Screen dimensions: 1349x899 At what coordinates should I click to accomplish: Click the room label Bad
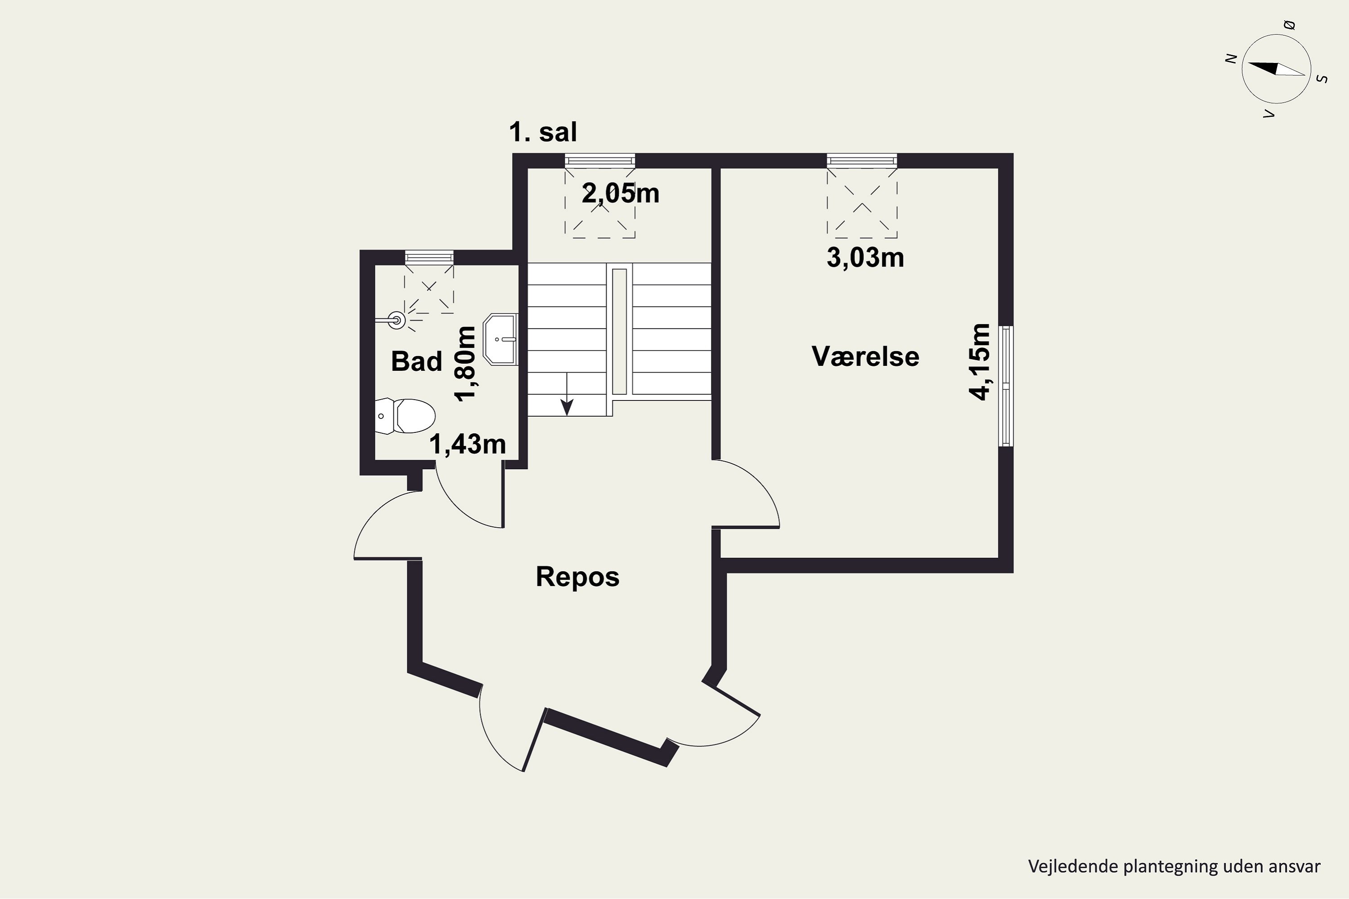tap(416, 361)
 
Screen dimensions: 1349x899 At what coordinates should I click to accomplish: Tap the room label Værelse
tap(866, 356)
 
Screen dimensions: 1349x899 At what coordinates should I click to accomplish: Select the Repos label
tap(577, 577)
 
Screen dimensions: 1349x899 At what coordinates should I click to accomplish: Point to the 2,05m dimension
tap(621, 194)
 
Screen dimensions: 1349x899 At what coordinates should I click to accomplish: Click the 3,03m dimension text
tap(866, 258)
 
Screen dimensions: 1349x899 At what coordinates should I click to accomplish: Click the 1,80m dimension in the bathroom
tap(465, 364)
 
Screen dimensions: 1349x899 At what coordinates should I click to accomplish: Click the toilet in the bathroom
tap(405, 416)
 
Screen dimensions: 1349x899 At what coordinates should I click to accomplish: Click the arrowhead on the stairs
tap(567, 408)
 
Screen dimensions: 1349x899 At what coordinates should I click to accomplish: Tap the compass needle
tap(1276, 69)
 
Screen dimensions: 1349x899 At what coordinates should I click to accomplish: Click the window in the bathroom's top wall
tap(429, 258)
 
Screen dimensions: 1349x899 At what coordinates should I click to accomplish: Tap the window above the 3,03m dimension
tap(862, 160)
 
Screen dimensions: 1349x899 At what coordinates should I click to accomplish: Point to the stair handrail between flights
tap(620, 331)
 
